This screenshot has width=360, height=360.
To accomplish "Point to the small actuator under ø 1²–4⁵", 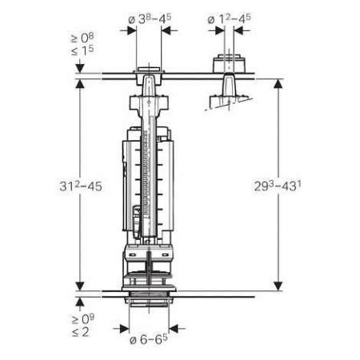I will click(230, 63).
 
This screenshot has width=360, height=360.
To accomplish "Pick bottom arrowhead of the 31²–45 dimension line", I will click(81, 289).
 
